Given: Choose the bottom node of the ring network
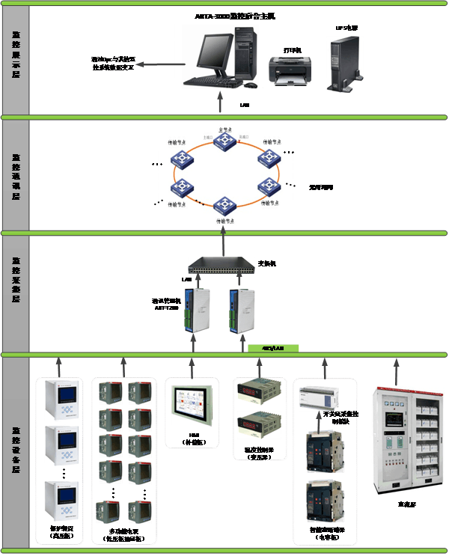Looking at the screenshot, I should click(x=222, y=204).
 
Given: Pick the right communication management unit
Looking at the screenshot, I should click(x=242, y=308).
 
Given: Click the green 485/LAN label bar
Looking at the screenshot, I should click(x=273, y=348).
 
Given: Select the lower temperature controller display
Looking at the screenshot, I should click(x=257, y=424).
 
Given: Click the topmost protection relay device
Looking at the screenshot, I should click(x=61, y=400).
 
